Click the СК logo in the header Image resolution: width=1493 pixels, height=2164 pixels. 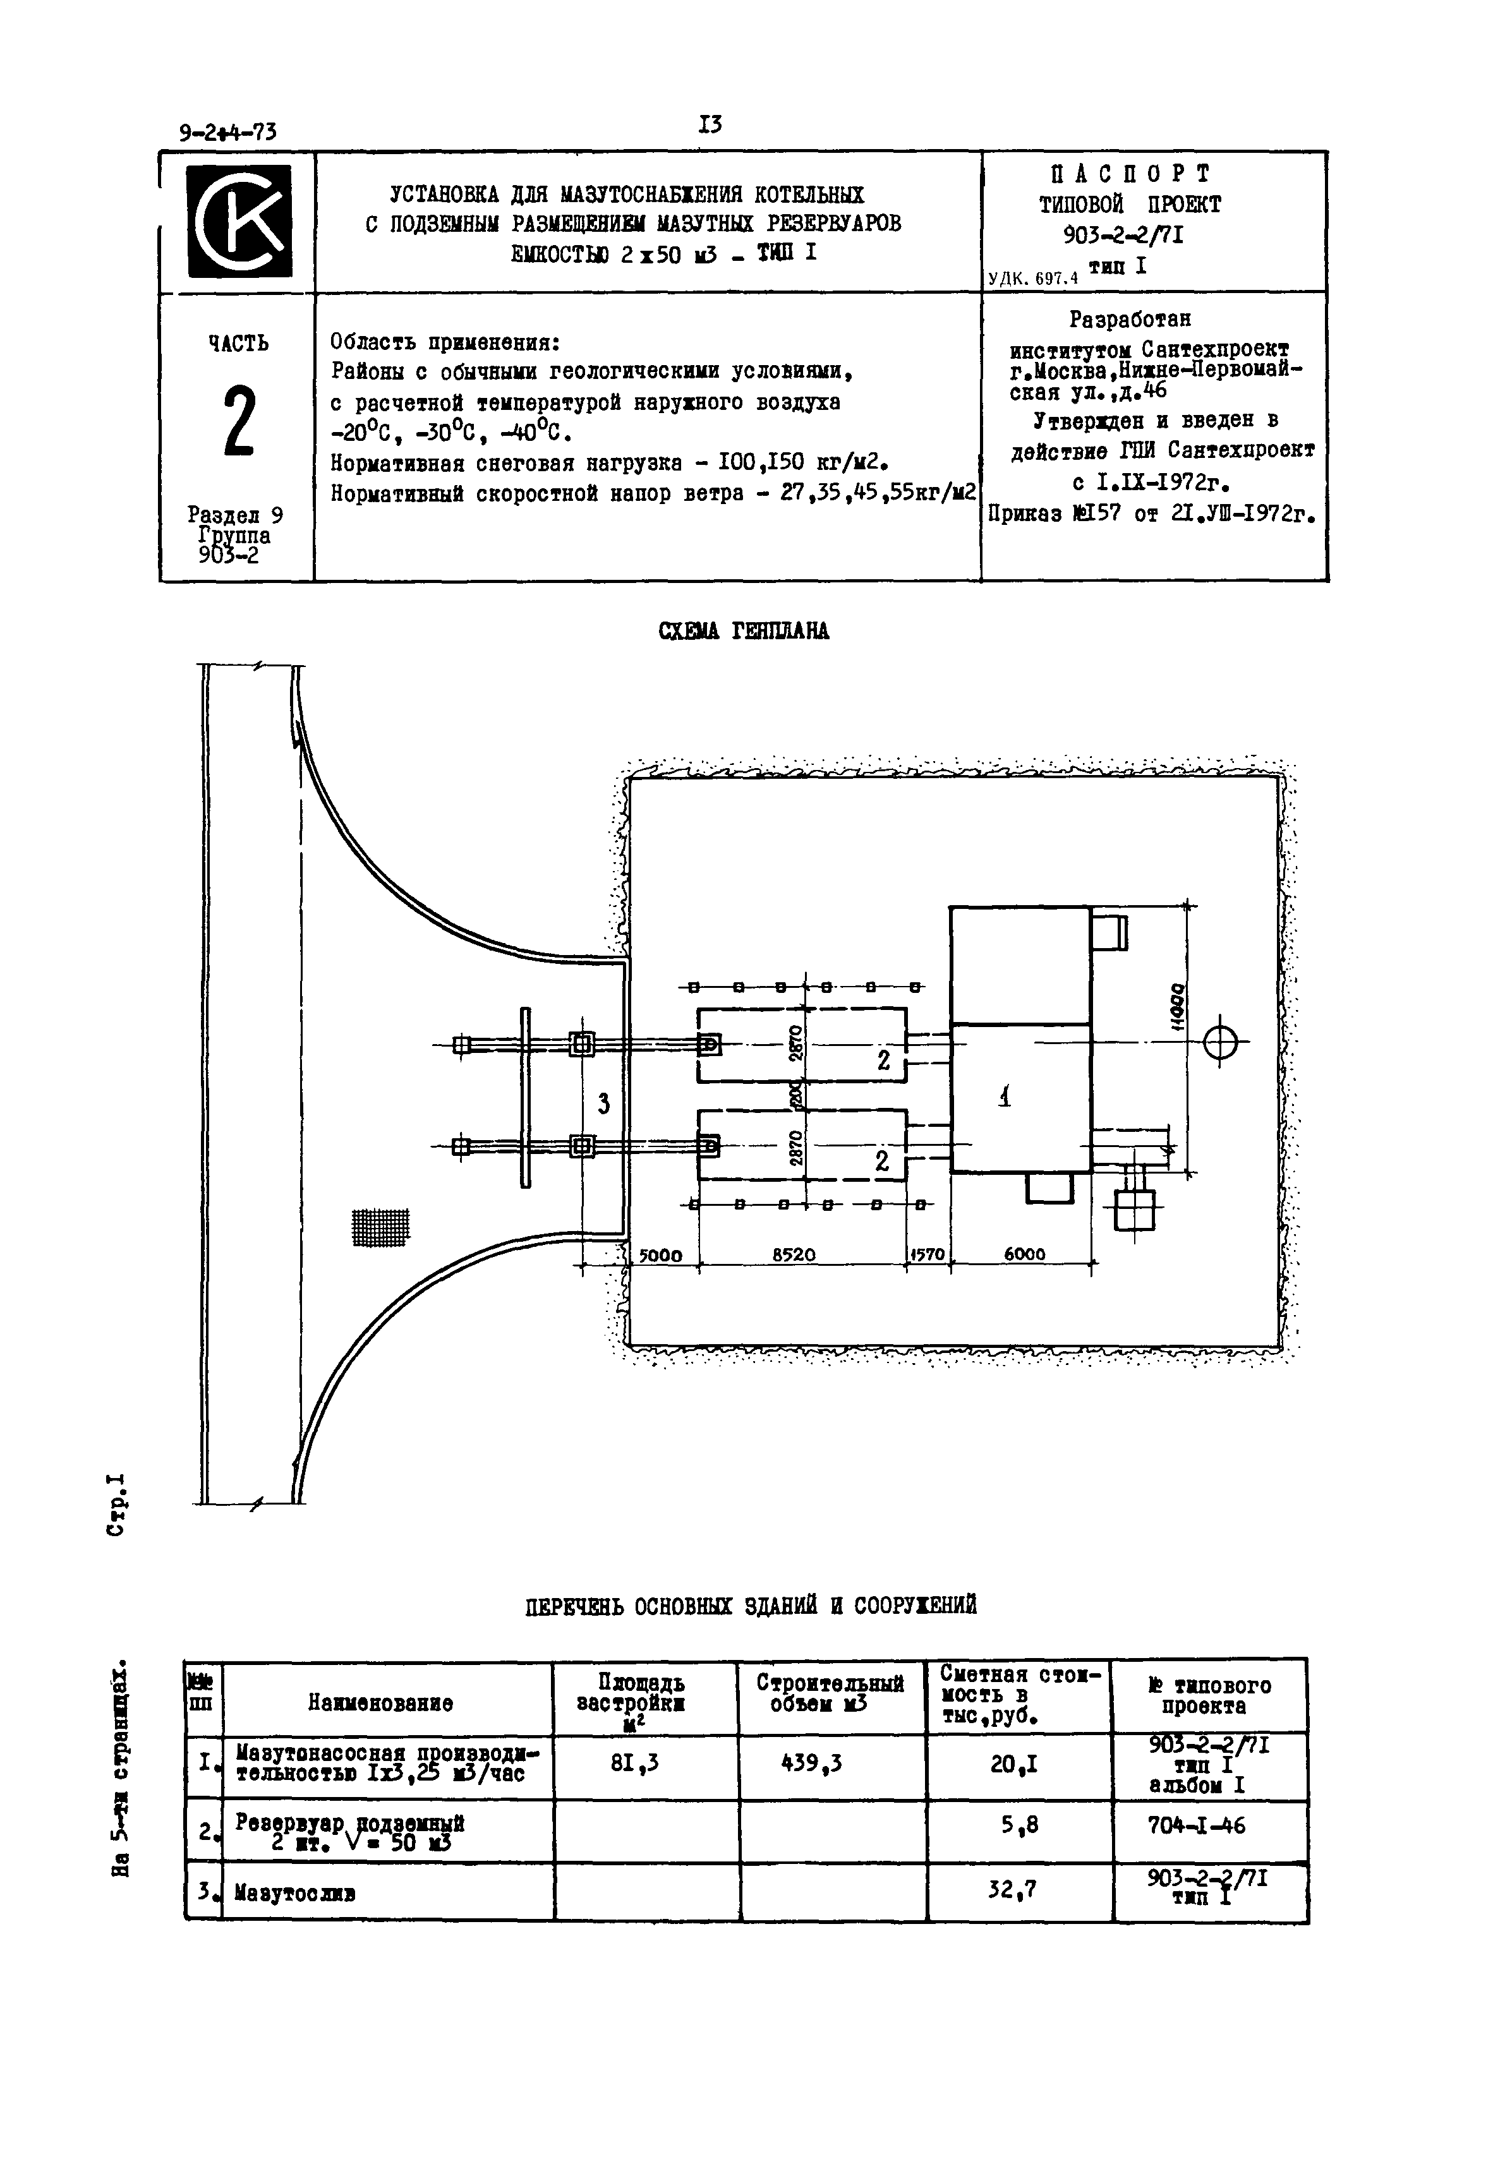tap(239, 222)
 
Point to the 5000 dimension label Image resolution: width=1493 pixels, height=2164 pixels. tap(660, 1255)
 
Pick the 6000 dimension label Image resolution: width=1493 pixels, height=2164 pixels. tap(1024, 1255)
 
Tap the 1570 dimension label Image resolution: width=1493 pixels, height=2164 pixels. tap(928, 1255)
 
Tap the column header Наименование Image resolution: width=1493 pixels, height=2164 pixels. tap(381, 1704)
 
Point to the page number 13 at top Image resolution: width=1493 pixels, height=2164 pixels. tap(710, 124)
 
